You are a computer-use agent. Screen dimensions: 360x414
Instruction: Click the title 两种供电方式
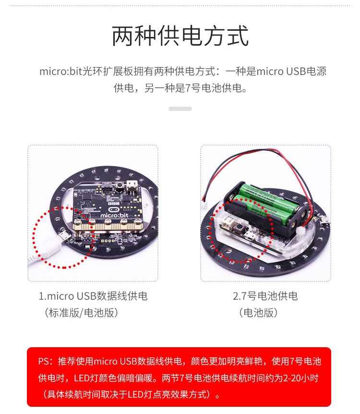click(180, 36)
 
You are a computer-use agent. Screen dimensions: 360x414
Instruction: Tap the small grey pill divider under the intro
click(180, 109)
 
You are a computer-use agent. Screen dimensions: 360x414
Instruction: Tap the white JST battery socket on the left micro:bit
click(132, 185)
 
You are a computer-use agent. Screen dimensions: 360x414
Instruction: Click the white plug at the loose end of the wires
click(205, 205)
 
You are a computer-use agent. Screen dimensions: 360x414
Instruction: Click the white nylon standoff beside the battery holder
click(300, 231)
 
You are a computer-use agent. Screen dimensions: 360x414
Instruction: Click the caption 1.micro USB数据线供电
click(93, 296)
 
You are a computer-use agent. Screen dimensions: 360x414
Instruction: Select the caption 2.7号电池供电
click(265, 296)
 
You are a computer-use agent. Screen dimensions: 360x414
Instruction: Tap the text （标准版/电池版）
click(81, 313)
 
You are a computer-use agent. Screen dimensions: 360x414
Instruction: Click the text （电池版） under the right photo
click(259, 313)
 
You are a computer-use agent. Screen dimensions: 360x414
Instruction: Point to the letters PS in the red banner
click(43, 361)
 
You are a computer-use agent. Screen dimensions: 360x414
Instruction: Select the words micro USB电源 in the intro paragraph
click(291, 71)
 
